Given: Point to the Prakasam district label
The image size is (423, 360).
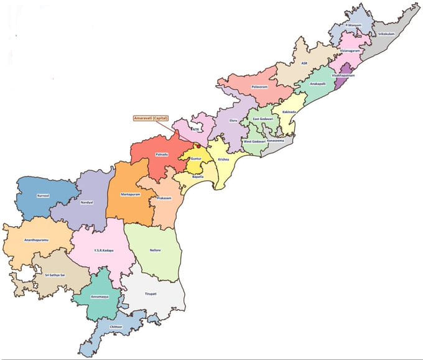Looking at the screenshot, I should (164, 197).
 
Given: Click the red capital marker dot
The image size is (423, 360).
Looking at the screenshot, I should (198, 147).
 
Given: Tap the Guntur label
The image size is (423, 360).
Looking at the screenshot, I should (196, 159).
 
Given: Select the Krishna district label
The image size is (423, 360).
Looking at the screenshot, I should (223, 159).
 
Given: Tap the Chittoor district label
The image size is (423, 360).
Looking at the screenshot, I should (116, 325).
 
